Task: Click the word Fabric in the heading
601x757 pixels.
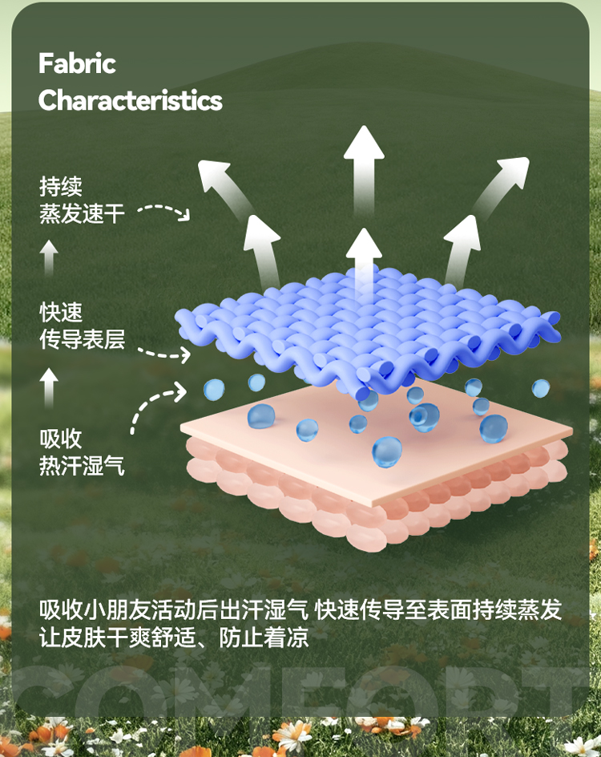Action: tap(78, 63)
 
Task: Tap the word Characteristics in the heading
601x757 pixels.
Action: tap(130, 100)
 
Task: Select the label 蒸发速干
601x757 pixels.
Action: tap(83, 213)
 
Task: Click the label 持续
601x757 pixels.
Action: tap(61, 187)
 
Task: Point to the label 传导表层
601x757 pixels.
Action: tap(83, 339)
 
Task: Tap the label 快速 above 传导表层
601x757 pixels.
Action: tap(61, 313)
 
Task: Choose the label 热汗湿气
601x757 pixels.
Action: tap(83, 465)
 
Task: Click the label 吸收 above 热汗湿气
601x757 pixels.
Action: tap(61, 439)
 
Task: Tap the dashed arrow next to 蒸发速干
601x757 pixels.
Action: tap(163, 211)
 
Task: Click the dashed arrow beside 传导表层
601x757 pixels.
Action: tap(163, 352)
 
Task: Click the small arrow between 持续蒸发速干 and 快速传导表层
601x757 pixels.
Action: tap(50, 259)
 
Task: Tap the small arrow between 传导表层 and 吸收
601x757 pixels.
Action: tap(50, 387)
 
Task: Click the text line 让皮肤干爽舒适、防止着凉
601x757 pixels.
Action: tap(174, 639)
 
